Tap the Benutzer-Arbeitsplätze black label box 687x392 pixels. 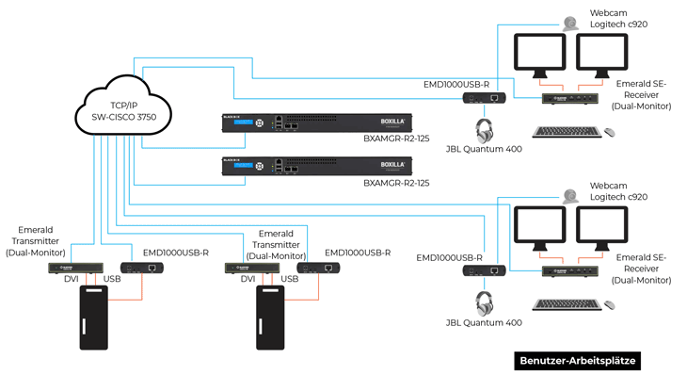tap(579, 361)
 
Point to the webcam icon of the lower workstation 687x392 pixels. tap(570, 196)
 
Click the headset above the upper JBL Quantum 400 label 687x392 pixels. tap(485, 130)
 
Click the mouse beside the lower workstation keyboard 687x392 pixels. tap(610, 305)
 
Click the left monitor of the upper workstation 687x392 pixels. tap(540, 57)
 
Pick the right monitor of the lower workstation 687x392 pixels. tap(603, 229)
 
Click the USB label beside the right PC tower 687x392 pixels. tap(290, 280)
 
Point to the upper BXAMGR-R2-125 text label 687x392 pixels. tap(396, 139)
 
